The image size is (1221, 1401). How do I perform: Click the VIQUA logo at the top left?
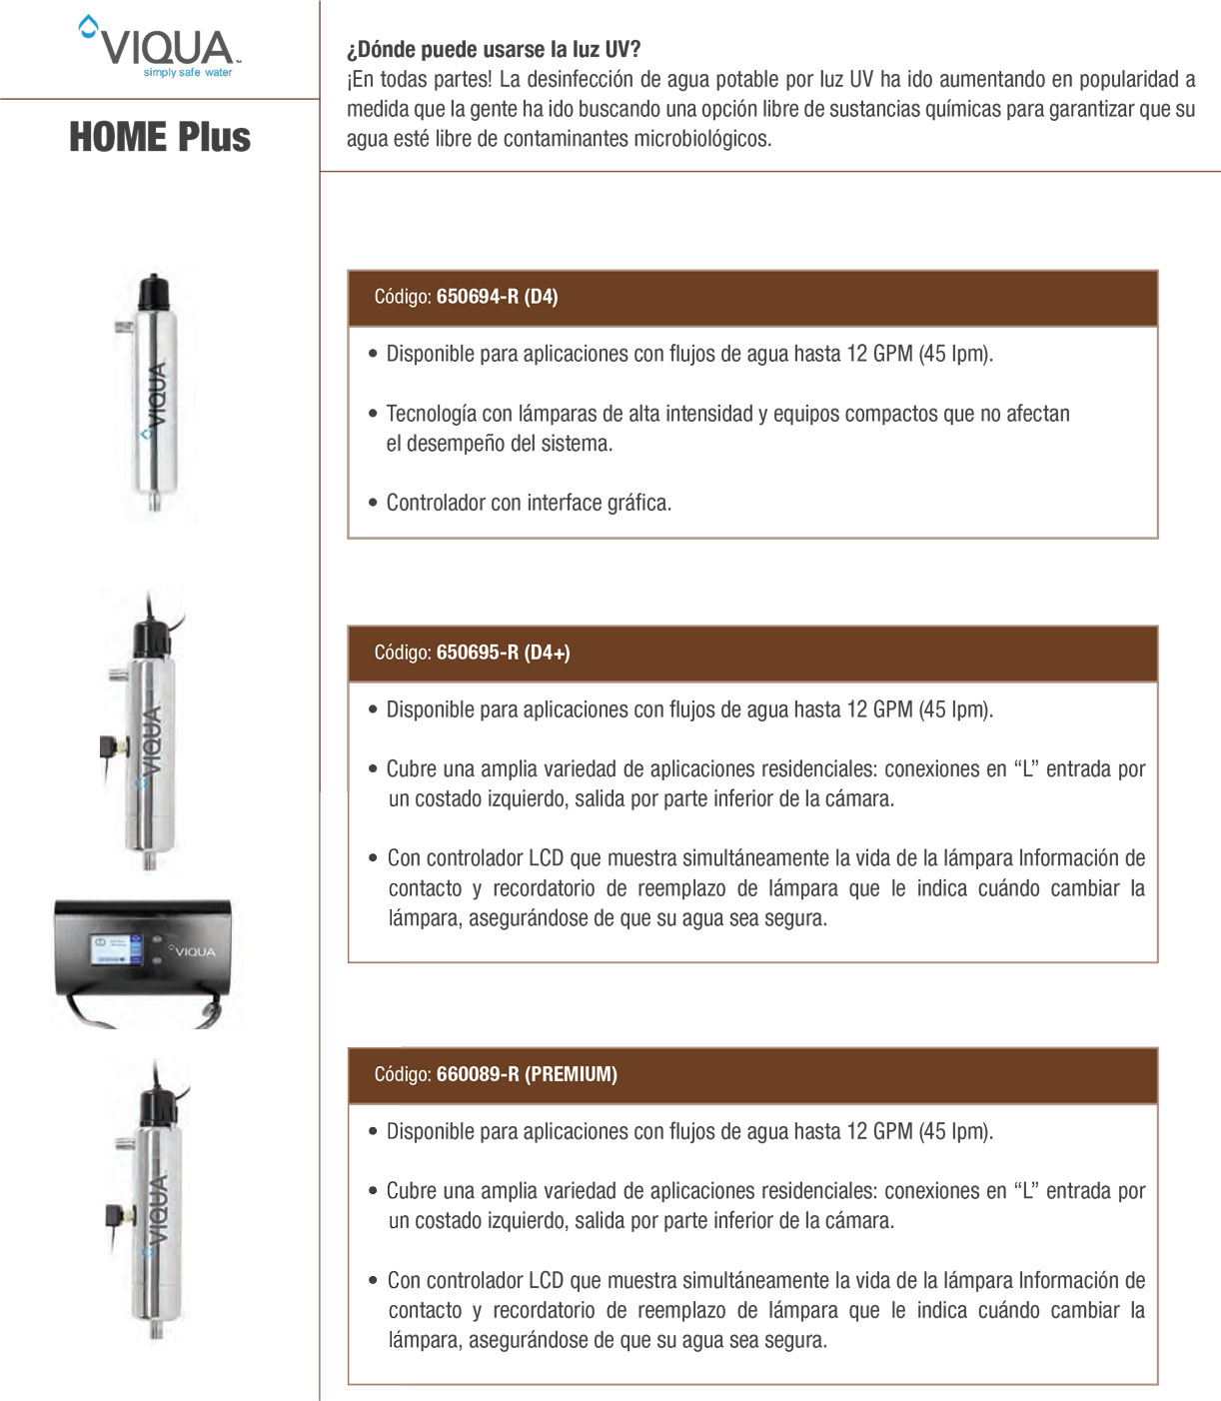pos(160,45)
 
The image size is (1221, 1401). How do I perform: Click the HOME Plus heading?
pos(160,137)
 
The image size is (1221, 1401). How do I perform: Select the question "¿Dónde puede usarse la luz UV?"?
pos(494,49)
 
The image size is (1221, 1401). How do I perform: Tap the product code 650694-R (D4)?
pos(497,297)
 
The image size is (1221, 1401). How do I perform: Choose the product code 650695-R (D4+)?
pos(503,653)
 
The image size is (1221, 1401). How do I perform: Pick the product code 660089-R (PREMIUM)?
pos(527,1074)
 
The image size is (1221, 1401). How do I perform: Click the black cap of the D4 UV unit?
pos(153,291)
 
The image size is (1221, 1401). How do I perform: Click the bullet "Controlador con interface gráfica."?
pos(529,503)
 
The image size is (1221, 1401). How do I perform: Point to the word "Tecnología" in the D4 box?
pos(431,414)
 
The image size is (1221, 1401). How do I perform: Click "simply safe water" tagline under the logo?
pos(188,73)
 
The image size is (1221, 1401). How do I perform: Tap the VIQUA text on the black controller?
pos(195,951)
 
